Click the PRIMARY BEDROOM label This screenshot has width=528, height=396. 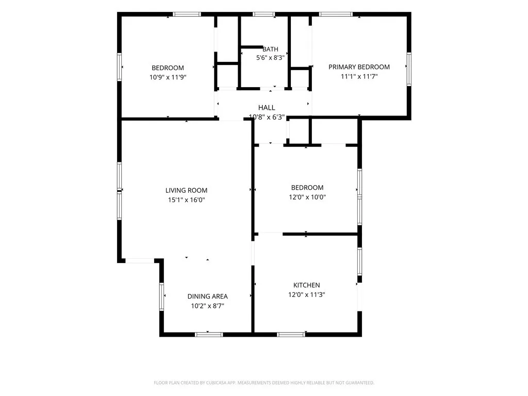359,67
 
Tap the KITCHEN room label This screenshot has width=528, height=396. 306,285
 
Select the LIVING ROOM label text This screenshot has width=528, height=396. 186,191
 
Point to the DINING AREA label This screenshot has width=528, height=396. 207,296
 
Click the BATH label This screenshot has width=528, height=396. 270,49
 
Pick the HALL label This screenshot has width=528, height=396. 267,108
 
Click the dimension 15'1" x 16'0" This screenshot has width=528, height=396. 186,200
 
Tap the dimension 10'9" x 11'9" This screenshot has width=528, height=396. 168,77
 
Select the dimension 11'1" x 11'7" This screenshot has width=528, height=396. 359,76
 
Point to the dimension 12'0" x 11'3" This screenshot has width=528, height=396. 306,294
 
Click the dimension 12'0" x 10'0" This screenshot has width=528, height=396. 307,197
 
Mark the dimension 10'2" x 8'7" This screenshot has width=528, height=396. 207,306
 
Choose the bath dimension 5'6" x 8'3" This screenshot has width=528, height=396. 270,58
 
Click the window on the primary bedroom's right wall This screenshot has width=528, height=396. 409,69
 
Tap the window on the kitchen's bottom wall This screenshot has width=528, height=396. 291,334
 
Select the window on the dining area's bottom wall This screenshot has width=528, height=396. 209,334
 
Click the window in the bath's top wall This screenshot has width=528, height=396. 263,14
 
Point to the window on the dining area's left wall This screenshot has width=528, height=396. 161,296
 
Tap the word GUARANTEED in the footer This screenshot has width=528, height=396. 360,383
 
